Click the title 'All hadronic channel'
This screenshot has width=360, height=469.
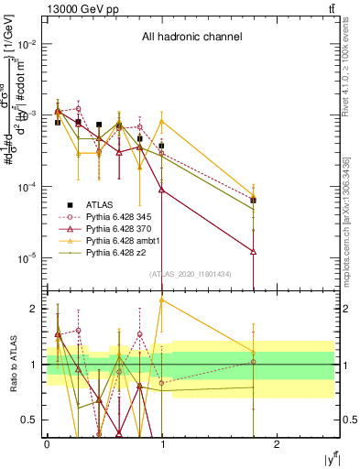(191, 38)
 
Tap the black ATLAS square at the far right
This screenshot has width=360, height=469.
(253, 200)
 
